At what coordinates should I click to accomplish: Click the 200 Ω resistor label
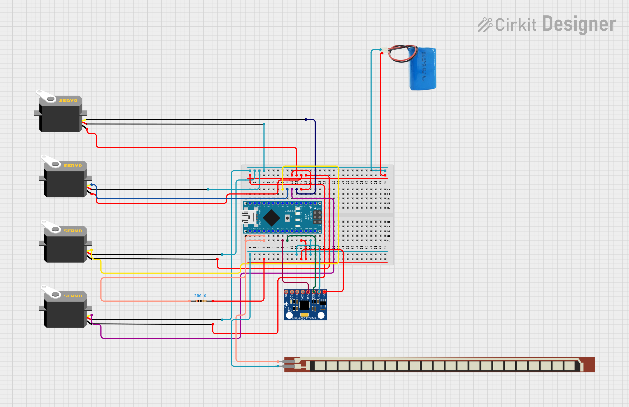[x=200, y=296]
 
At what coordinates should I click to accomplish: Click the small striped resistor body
[x=201, y=301]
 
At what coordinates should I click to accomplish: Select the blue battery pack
[x=422, y=69]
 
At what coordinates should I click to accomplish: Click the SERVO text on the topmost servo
[x=68, y=100]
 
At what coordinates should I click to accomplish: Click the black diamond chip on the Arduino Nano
[x=272, y=218]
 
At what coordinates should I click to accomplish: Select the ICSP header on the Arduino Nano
[x=317, y=217]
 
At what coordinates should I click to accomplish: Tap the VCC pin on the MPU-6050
[x=324, y=292]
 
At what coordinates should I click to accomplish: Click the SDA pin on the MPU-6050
[x=308, y=292]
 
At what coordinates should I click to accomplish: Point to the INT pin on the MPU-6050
[x=286, y=292]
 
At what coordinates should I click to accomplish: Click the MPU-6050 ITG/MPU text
[x=305, y=318]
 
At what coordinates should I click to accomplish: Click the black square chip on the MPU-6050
[x=304, y=305]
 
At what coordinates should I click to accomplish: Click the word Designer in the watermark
[x=579, y=24]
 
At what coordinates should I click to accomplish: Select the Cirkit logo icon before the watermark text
[x=485, y=25]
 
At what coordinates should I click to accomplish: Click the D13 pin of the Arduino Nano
[x=250, y=231]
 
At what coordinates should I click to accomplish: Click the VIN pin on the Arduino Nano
[x=315, y=231]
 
